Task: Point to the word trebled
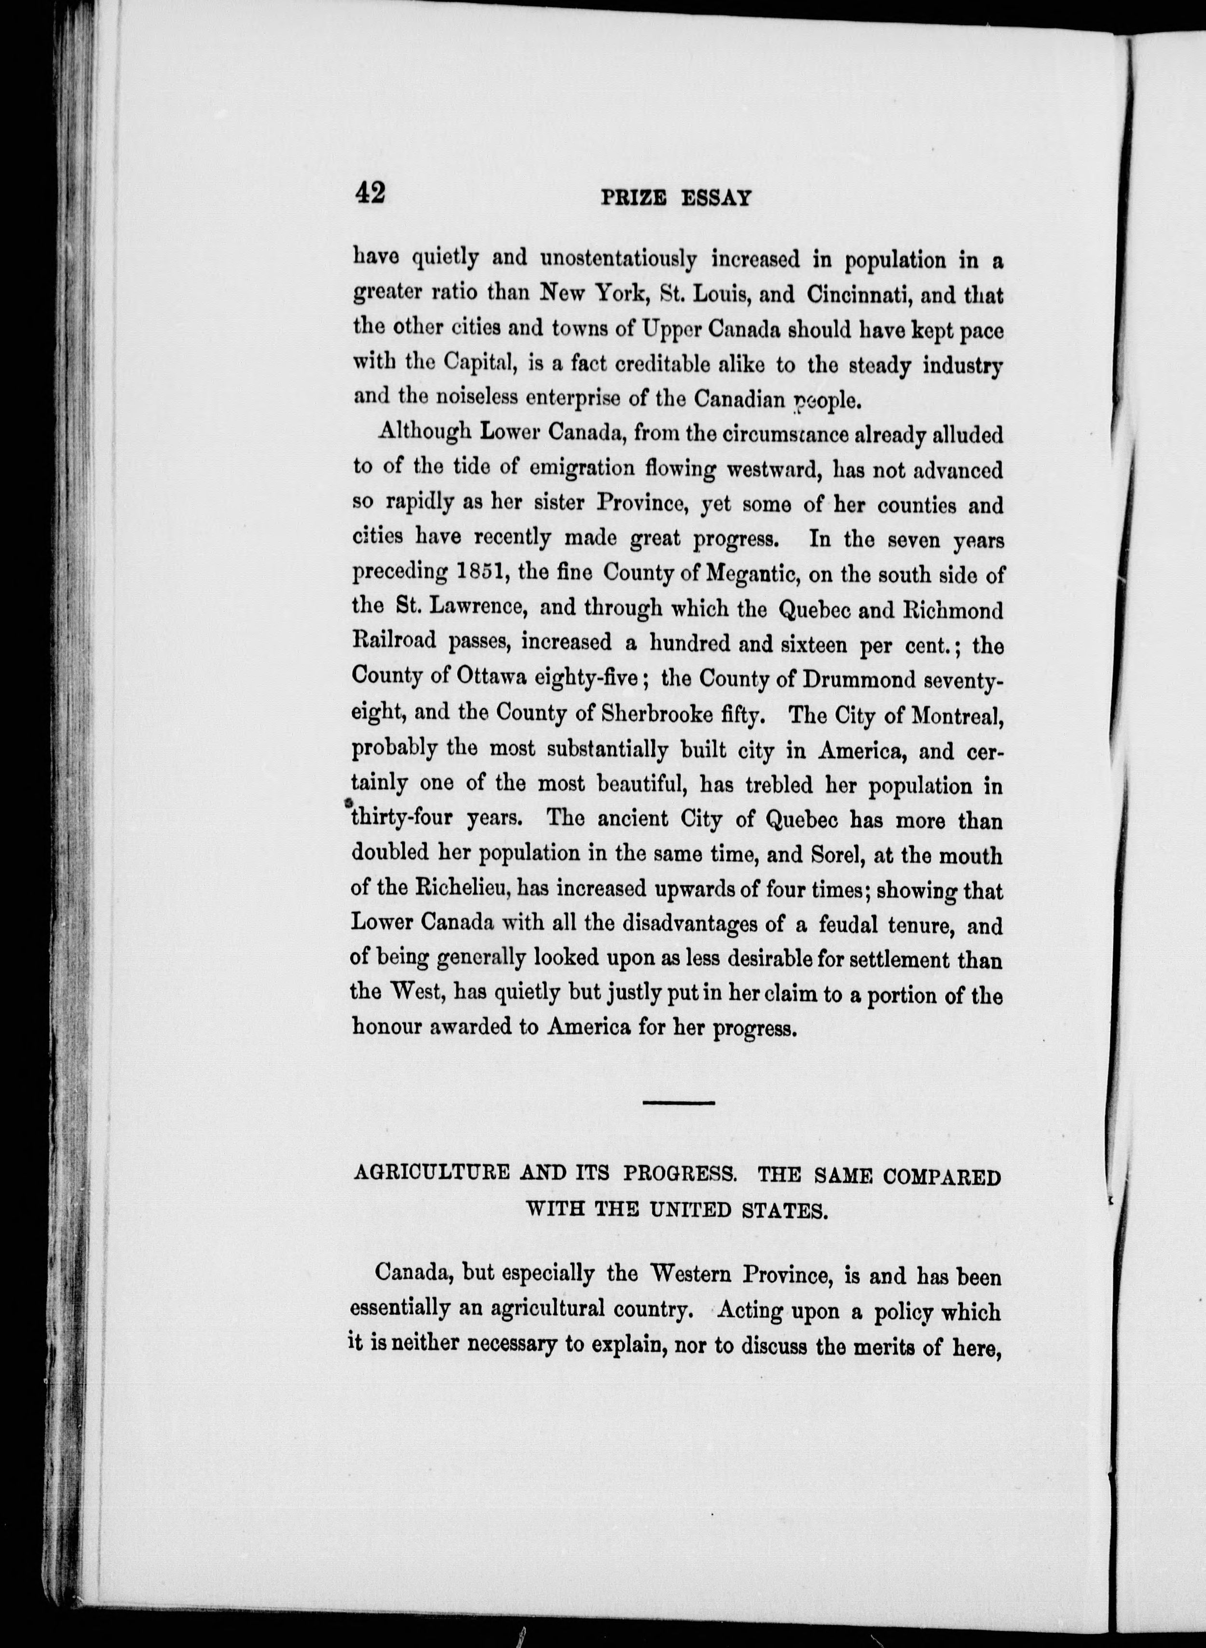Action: point(769,784)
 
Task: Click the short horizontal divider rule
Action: point(678,1102)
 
